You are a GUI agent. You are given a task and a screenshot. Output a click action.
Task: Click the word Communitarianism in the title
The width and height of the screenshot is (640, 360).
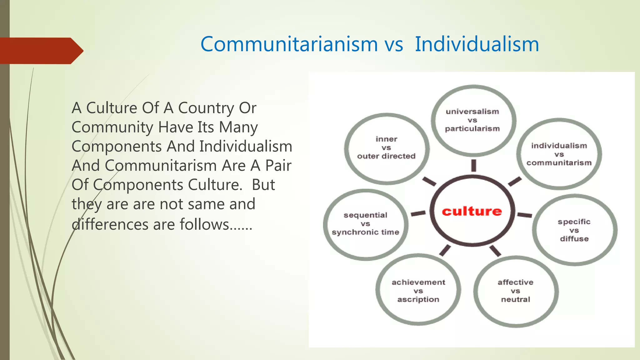coord(289,44)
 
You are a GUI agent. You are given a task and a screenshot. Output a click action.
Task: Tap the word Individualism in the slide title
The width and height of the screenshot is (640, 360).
coord(477,44)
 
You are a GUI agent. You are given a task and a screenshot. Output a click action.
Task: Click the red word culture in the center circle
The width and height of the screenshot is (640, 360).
coord(472,212)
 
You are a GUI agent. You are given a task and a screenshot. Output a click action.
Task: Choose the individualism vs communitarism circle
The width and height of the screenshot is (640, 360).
coord(559,154)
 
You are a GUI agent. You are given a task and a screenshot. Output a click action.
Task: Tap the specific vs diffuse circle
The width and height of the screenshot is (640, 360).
coord(574,230)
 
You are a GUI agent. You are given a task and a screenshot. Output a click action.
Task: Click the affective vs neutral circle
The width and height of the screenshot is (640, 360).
coord(516,291)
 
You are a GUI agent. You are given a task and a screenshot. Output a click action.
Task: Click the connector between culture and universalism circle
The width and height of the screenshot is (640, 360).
coord(474,166)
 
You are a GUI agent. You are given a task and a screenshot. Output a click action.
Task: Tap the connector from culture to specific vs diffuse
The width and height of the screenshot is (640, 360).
coord(524,215)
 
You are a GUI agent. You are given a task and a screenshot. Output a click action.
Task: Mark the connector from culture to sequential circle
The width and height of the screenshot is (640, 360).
coord(418,213)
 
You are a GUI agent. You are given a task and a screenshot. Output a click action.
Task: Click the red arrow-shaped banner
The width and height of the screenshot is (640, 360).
coord(41,51)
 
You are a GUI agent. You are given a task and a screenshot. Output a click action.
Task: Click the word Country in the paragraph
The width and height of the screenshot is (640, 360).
coord(206,108)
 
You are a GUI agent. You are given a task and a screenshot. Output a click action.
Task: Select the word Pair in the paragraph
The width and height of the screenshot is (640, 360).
coord(278,166)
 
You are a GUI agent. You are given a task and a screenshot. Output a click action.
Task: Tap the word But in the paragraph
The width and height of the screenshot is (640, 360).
coord(263,185)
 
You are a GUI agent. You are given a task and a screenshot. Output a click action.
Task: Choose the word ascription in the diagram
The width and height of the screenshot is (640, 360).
coord(418,299)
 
